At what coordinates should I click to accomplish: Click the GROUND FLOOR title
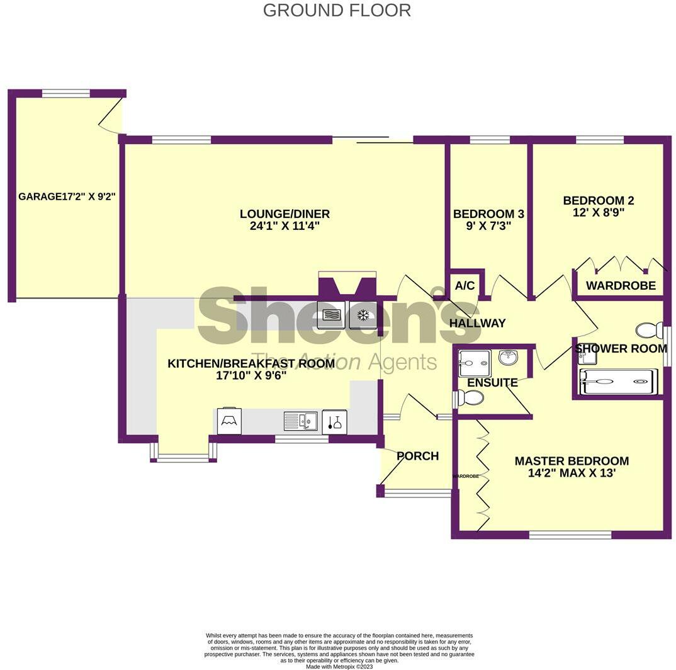[337, 11]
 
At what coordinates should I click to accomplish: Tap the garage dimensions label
[67, 196]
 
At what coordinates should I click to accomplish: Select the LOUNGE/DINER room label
[284, 214]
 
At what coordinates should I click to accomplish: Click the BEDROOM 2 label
[598, 201]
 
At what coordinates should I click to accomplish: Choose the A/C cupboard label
[465, 286]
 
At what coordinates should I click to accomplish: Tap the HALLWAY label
[477, 323]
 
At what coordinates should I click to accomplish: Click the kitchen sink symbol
[300, 421]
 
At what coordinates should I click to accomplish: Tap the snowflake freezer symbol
[363, 315]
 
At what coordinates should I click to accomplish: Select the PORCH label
[418, 456]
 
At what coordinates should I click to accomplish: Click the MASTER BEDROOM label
[572, 461]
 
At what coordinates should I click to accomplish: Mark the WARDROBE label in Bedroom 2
[621, 286]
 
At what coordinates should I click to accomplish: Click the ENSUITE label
[492, 382]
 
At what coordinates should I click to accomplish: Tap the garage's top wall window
[65, 93]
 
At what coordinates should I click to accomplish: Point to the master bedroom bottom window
[570, 535]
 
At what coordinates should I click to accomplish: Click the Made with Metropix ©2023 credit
[339, 666]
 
